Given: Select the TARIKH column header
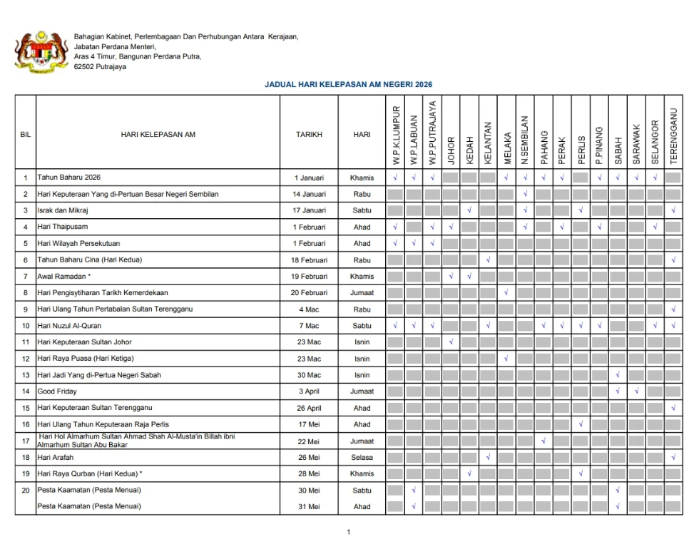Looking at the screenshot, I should (309, 134).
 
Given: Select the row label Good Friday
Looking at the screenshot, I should (57, 391).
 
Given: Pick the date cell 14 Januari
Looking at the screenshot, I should (309, 194).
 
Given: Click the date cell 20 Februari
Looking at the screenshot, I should (309, 292).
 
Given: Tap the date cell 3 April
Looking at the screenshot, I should (309, 391).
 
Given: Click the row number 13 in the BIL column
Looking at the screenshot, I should (26, 375).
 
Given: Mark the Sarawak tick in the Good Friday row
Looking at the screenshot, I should (636, 391).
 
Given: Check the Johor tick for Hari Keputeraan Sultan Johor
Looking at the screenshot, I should (451, 342).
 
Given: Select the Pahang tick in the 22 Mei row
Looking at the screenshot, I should (544, 441).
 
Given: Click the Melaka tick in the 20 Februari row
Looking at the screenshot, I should (506, 292).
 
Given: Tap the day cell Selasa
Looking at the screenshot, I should (362, 457).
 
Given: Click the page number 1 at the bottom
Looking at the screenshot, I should (349, 532).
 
